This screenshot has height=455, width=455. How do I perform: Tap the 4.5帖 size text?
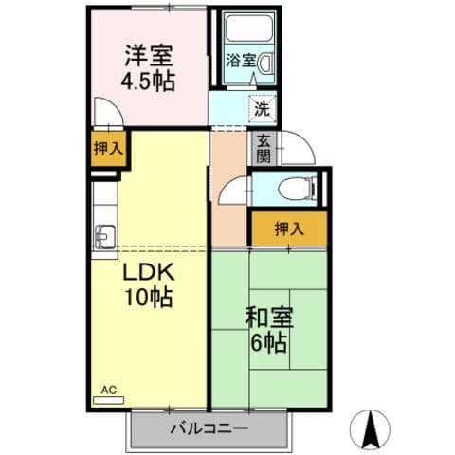[148, 80]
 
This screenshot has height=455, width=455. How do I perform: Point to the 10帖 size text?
[147, 297]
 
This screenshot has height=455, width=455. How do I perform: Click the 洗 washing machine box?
[262, 108]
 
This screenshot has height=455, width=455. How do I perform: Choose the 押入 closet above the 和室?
[289, 227]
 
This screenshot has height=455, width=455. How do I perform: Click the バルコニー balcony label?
[209, 428]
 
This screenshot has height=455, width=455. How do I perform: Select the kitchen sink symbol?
[104, 234]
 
